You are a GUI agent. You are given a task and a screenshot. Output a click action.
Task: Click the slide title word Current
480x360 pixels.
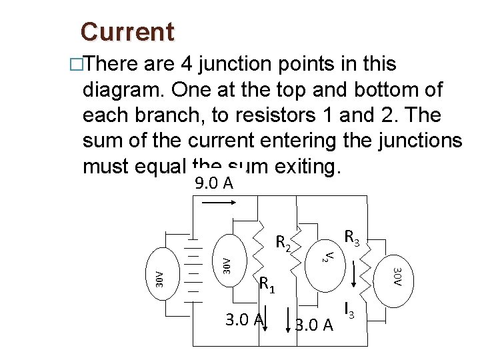[x=127, y=32]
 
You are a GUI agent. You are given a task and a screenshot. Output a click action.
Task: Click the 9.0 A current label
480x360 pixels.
[x=214, y=183]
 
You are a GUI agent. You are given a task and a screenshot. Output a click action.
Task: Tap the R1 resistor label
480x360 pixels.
[x=267, y=285]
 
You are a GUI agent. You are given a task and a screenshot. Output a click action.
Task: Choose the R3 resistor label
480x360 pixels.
[x=352, y=237]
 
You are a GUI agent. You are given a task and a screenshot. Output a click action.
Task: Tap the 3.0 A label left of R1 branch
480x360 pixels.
[x=243, y=320]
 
